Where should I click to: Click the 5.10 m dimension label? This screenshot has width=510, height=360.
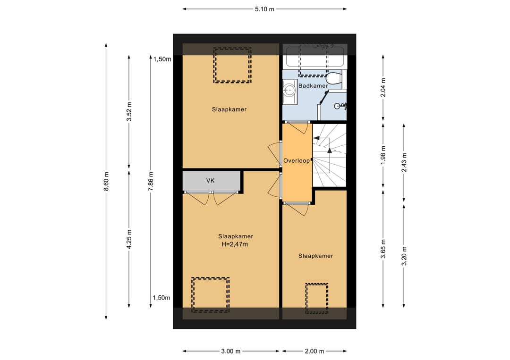pos(264,9)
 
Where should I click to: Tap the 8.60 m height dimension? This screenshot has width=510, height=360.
pos(106,181)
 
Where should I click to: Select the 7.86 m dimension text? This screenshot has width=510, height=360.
pos(151,181)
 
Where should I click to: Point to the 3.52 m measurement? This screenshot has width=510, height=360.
pos(129,111)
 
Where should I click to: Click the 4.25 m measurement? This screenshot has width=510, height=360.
pos(129,239)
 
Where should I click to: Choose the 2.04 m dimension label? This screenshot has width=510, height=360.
pos(383,88)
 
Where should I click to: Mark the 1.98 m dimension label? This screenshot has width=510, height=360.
pos(383,155)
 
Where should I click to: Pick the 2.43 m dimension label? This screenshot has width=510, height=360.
pos(404,162)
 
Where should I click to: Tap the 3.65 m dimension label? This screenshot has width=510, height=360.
pos(383,249)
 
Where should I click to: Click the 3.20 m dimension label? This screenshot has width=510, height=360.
pos(404,256)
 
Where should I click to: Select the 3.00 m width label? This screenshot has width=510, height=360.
pos(230,351)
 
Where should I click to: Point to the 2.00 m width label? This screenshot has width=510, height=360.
pos(314,351)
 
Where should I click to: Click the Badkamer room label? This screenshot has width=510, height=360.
pos(313,86)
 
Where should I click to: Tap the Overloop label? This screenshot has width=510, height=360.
pos(296,160)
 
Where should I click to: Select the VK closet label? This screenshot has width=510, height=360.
pos(211,181)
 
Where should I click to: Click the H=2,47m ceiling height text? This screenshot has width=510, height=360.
pos(235,244)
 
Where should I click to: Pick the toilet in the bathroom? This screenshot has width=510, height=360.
pos(334,79)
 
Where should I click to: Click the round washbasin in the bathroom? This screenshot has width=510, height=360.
pos(289,92)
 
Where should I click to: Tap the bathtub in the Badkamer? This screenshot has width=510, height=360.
pos(315,57)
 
